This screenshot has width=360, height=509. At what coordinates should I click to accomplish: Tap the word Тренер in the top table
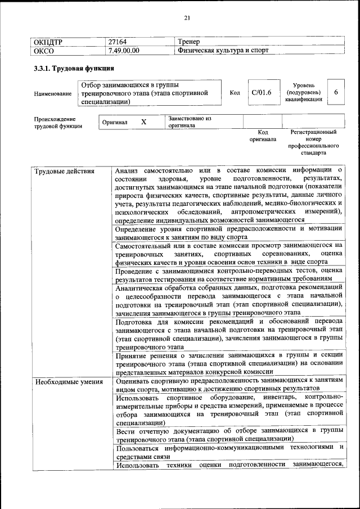tap(188, 42)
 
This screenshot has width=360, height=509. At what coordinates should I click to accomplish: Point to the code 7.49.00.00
tap(124, 51)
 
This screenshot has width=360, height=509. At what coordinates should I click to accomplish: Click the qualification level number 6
tap(336, 92)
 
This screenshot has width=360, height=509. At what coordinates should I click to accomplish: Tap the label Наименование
tap(53, 94)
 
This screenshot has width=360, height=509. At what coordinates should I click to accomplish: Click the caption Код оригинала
tap(263, 136)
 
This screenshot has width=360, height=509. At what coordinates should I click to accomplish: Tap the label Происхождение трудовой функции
tap(58, 123)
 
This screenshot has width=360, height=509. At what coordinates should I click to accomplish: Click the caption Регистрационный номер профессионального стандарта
tap(313, 142)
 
